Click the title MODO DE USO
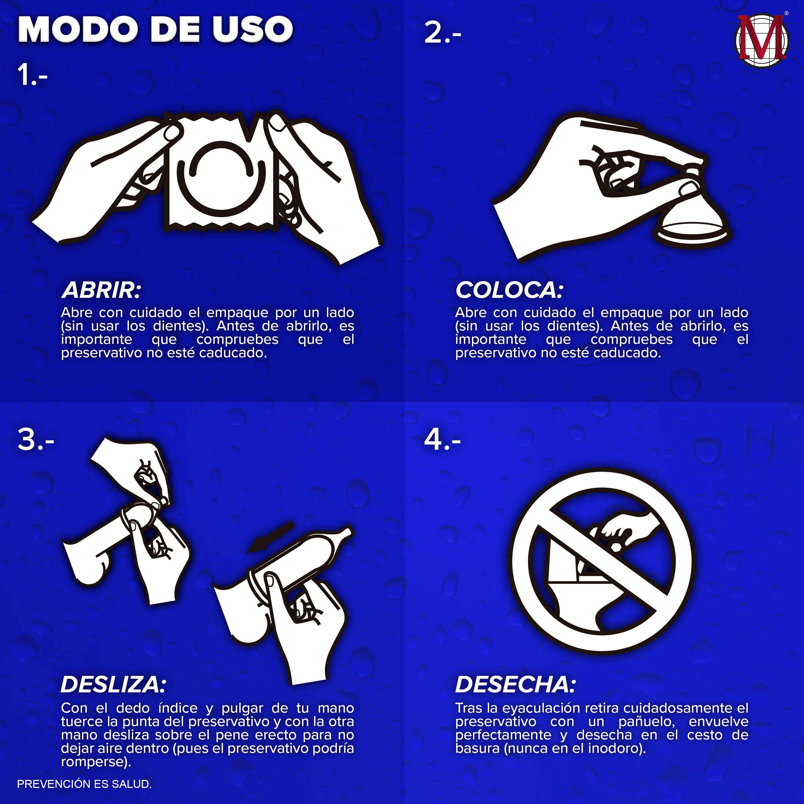156,29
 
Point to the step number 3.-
36,440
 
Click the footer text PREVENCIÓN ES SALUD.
84,784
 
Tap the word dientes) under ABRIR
181,326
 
